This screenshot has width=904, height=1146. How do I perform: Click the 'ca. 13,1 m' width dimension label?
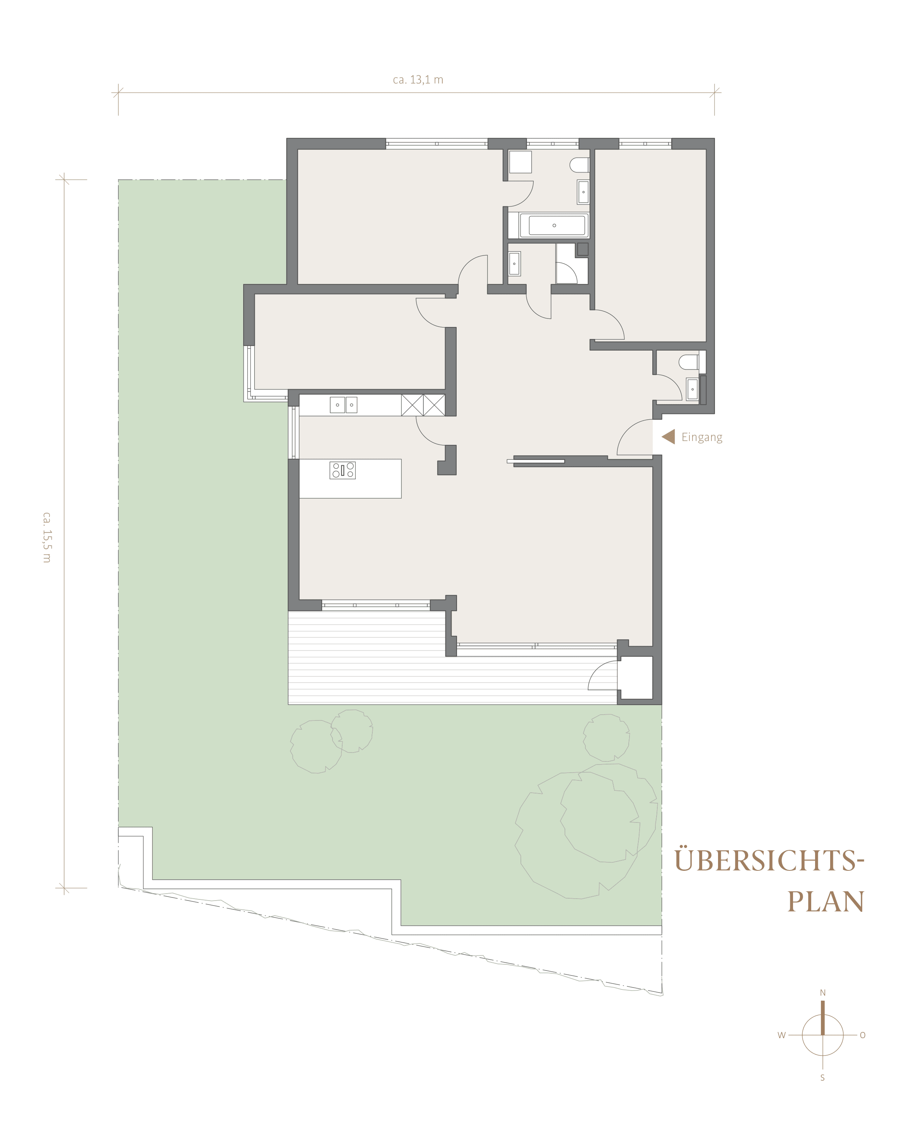pyautogui.click(x=418, y=80)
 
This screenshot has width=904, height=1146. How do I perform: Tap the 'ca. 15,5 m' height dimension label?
pyautogui.click(x=46, y=536)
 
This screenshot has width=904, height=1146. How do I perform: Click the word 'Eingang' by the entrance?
pyautogui.click(x=702, y=438)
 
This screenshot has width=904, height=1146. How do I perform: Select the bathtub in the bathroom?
pyautogui.click(x=554, y=225)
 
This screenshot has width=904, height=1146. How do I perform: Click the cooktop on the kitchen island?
pyautogui.click(x=343, y=470)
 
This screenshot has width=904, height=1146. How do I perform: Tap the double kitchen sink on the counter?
pyautogui.click(x=343, y=405)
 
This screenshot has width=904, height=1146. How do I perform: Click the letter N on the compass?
pyautogui.click(x=822, y=993)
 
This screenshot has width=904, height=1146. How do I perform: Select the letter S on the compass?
pyautogui.click(x=822, y=1077)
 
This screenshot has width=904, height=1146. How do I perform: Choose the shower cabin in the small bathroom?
pyautogui.click(x=571, y=264)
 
